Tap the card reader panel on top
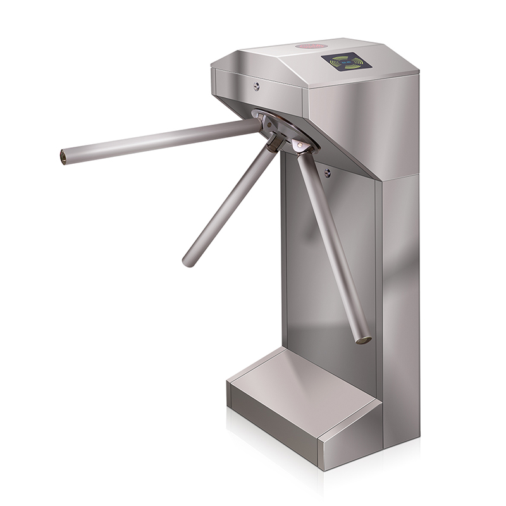point(345,62)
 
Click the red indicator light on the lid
point(309,46)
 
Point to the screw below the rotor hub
point(327,172)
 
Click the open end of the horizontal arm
point(64,156)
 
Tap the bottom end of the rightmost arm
point(363,338)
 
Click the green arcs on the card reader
point(345,62)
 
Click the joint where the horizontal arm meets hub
point(259,125)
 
